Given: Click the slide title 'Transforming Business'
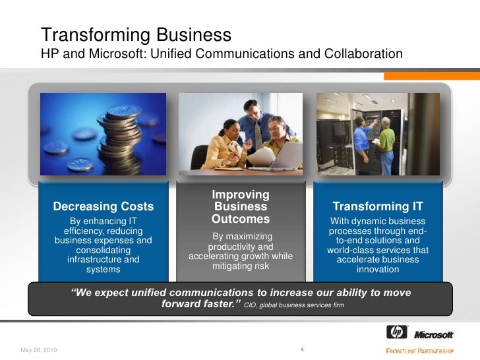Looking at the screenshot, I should click(x=136, y=34).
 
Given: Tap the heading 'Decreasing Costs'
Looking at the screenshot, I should click(x=104, y=207).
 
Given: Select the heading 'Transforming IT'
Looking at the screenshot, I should click(x=378, y=206).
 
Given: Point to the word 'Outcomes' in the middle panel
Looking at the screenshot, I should click(x=241, y=219).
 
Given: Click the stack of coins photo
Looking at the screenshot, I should click(x=104, y=135).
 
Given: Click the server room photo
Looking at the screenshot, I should click(x=378, y=135).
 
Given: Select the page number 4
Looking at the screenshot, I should click(x=301, y=349).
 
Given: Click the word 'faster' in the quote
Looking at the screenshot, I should click(x=216, y=305).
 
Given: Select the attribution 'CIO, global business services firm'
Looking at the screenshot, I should click(x=294, y=306).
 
